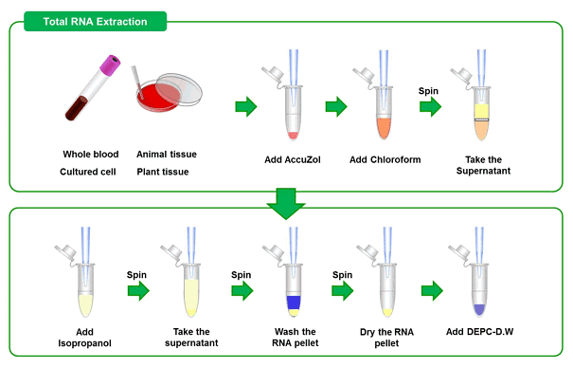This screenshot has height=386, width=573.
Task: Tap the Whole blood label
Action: [94, 155]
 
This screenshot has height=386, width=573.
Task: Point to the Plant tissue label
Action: [163, 172]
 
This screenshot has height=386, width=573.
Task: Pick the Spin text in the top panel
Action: [430, 90]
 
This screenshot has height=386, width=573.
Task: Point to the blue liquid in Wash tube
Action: [293, 303]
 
